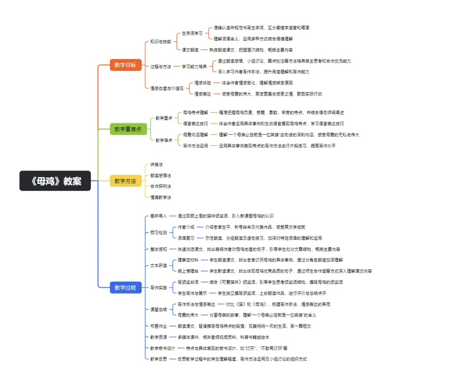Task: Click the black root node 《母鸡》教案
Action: [55, 181]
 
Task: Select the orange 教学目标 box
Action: [125, 65]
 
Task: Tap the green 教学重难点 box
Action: [128, 129]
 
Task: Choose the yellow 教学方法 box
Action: [125, 181]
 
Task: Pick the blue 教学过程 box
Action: [125, 288]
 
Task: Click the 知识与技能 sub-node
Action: [161, 42]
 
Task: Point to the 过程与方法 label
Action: [161, 66]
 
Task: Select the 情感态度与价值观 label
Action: [167, 88]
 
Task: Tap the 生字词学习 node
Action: [192, 33]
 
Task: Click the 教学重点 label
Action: [164, 118]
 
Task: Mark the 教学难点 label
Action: [164, 140]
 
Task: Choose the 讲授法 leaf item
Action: [157, 165]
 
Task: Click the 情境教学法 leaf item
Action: [161, 197]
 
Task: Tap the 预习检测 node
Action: [158, 232]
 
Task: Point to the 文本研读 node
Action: [158, 265]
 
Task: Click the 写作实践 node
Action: [158, 288]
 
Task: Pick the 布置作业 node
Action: [158, 326]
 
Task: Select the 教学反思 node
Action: [158, 359]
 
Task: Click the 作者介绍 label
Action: [186, 227]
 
